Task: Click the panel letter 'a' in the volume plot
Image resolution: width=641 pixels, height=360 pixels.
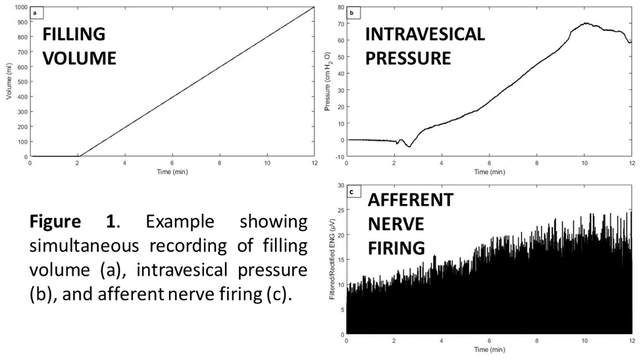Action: pyautogui.click(x=35, y=12)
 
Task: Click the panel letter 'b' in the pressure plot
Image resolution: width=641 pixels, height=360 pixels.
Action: pyautogui.click(x=351, y=13)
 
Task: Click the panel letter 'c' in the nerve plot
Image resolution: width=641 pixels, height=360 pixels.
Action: pyautogui.click(x=351, y=192)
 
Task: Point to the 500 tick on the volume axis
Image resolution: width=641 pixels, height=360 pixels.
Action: pyautogui.click(x=23, y=82)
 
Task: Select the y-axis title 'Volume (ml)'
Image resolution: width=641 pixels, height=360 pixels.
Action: pyautogui.click(x=8, y=82)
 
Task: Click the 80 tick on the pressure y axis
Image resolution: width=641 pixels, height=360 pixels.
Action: pyautogui.click(x=340, y=7)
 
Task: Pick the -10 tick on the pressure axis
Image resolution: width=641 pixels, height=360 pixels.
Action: pyautogui.click(x=339, y=157)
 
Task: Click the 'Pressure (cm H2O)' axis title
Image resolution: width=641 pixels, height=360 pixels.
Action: pyautogui.click(x=327, y=82)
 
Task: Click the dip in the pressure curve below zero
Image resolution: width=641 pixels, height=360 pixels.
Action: pyautogui.click(x=409, y=146)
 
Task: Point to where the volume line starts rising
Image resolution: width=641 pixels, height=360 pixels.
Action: pyautogui.click(x=78, y=157)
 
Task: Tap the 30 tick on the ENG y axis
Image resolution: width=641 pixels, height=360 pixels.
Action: pyautogui.click(x=340, y=186)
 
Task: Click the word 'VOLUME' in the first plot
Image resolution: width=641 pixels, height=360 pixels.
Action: pyautogui.click(x=80, y=57)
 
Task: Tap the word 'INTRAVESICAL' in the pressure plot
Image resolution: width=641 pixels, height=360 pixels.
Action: pyautogui.click(x=425, y=34)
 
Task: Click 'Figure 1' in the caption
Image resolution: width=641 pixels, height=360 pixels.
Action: pyautogui.click(x=72, y=221)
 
